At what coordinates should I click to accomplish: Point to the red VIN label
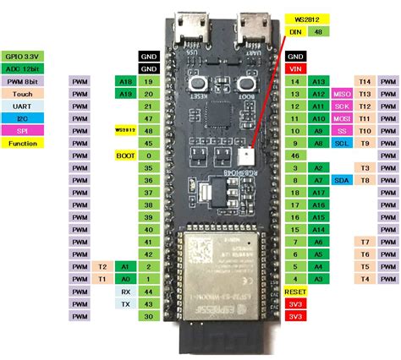pyautogui.click(x=296, y=67)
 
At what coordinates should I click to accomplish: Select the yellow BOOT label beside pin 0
pyautogui.click(x=125, y=156)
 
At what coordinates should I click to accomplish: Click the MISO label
pyautogui.click(x=343, y=93)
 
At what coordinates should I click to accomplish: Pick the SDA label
pyautogui.click(x=343, y=181)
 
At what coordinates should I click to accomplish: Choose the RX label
pyautogui.click(x=125, y=291)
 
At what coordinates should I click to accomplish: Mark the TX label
pyautogui.click(x=125, y=303)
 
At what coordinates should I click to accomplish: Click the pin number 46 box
pyautogui.click(x=296, y=156)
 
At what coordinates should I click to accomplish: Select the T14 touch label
pyautogui.click(x=365, y=80)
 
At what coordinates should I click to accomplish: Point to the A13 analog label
pyautogui.click(x=319, y=80)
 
